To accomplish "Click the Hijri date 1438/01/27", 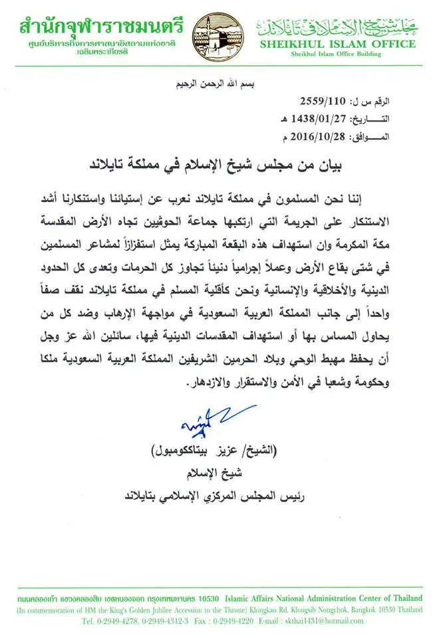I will tap(322, 120).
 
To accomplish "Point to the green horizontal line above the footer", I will tap(218, 587).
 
